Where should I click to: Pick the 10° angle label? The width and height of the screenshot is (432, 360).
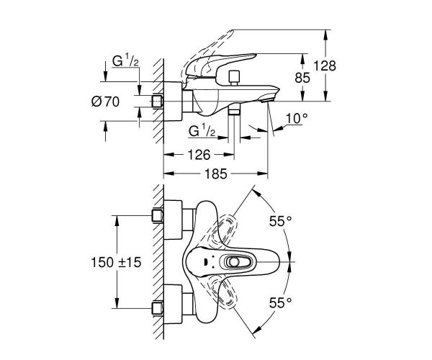(296, 117)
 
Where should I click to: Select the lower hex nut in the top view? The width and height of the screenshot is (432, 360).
(157, 307)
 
